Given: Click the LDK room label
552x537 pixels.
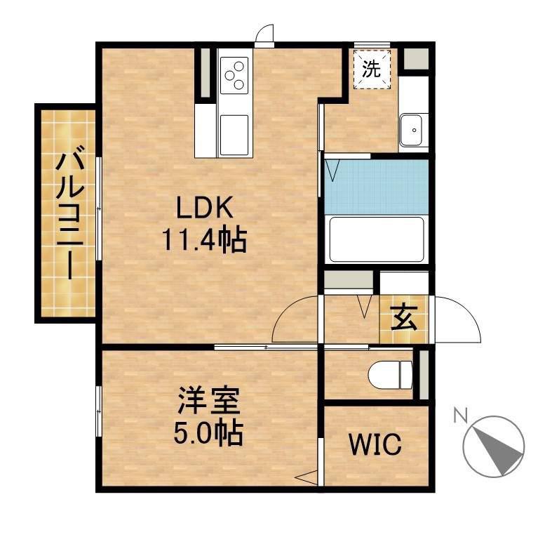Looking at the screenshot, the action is [205, 208].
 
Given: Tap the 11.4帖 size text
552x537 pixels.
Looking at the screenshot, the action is [204, 239].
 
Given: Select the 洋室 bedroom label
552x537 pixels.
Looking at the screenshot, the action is [209, 401].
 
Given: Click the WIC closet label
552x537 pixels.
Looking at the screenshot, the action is [375, 444].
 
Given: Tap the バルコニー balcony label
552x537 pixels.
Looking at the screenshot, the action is [70, 215].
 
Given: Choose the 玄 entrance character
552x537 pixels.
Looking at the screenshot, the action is [404, 318].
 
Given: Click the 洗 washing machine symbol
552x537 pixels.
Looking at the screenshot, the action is [372, 69].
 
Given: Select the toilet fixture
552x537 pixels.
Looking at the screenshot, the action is [390, 375].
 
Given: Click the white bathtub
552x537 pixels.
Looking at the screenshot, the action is [377, 239].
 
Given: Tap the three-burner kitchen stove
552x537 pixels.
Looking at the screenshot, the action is [234, 75].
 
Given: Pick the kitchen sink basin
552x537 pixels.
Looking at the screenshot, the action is [234, 135].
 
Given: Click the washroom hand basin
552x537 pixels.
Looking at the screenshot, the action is [411, 130].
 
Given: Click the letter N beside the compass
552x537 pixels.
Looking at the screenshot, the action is [460, 415].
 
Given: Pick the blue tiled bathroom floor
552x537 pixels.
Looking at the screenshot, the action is [377, 187].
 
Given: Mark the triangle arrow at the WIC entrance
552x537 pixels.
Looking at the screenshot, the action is [307, 477].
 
